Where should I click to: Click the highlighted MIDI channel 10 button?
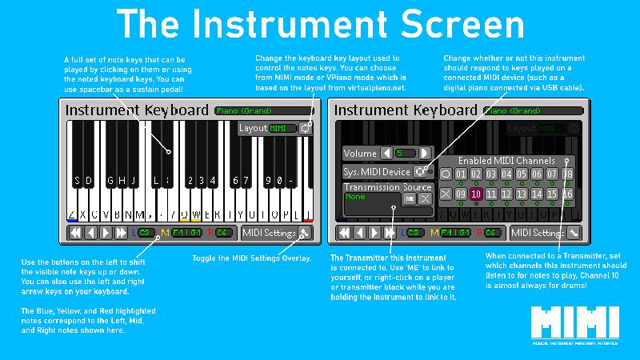coord(475,194)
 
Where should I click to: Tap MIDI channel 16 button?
coord(567,194)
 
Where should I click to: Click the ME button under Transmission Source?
coord(409,198)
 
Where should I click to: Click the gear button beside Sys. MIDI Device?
coord(419,171)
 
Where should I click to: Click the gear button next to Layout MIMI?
coord(305,128)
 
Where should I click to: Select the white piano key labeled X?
coord(84,214)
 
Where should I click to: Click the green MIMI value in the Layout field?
coord(278,128)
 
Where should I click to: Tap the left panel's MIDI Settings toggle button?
coord(304,233)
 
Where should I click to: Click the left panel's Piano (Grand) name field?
coord(263,110)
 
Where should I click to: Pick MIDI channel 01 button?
coord(460,174)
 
